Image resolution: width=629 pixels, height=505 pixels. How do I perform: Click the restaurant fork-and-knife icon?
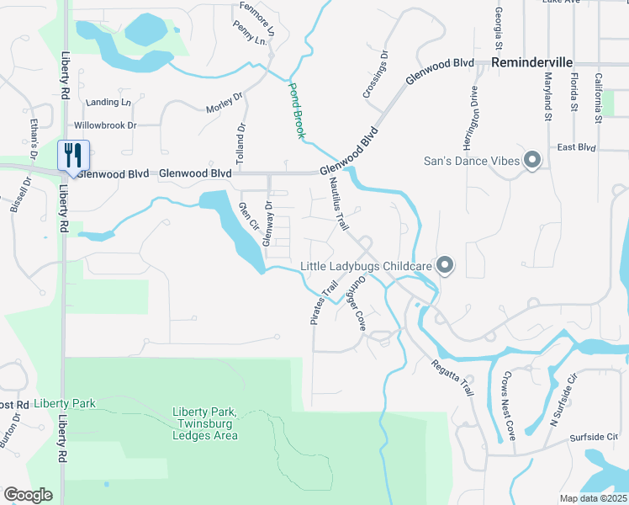72,156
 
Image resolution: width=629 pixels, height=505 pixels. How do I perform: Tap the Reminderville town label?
533,63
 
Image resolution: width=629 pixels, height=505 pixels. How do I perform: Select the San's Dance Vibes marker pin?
531,160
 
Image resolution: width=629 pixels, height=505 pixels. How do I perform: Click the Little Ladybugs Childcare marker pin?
446,266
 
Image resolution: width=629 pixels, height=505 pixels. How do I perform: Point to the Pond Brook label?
297,109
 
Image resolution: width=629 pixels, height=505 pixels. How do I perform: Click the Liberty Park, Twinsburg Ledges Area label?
205,423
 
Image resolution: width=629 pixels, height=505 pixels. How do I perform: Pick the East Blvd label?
576,147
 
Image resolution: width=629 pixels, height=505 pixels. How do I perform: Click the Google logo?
28,495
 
